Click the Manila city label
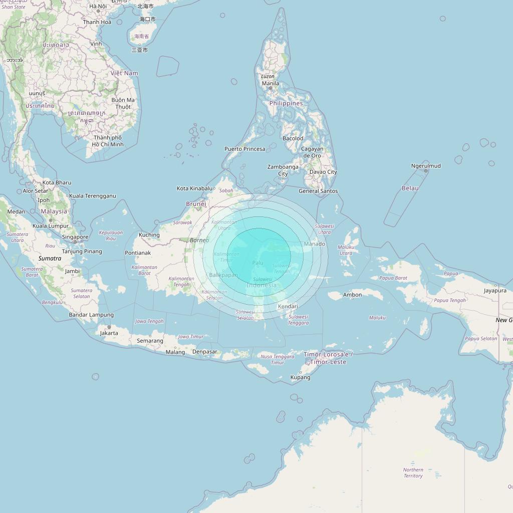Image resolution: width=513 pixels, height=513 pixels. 271,84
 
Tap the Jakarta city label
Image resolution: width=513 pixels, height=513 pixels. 109,333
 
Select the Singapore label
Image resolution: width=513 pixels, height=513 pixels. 75,237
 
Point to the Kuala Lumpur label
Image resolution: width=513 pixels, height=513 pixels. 51,226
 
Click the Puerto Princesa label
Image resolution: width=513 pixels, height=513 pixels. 244,149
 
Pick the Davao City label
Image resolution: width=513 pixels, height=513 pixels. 323,172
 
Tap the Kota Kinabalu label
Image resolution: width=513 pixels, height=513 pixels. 194,188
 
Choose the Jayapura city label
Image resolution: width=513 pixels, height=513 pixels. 495,291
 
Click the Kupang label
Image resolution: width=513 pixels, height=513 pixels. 301,377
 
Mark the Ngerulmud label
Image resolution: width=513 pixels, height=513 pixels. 426,166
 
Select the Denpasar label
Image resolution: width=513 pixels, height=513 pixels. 205,352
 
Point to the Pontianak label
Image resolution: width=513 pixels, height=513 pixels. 138,253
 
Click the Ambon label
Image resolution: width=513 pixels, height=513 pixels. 352,295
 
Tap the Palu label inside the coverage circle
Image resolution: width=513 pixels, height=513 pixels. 258,263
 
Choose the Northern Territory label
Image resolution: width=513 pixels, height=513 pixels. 413,473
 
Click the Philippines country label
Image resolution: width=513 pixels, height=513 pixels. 286,103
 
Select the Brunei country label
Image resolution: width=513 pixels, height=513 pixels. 196,204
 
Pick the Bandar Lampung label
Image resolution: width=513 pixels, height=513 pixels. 91,315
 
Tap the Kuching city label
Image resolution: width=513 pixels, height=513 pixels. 149,235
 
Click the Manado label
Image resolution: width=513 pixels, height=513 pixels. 315,244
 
